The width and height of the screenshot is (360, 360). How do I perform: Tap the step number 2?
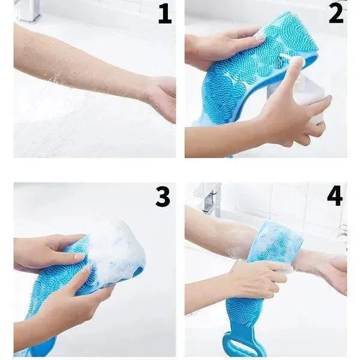337,14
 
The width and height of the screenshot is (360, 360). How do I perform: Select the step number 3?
163,197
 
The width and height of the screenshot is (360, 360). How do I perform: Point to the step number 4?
335,197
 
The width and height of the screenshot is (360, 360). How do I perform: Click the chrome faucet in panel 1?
31,10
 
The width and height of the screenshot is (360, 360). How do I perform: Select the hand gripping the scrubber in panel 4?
259,278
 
